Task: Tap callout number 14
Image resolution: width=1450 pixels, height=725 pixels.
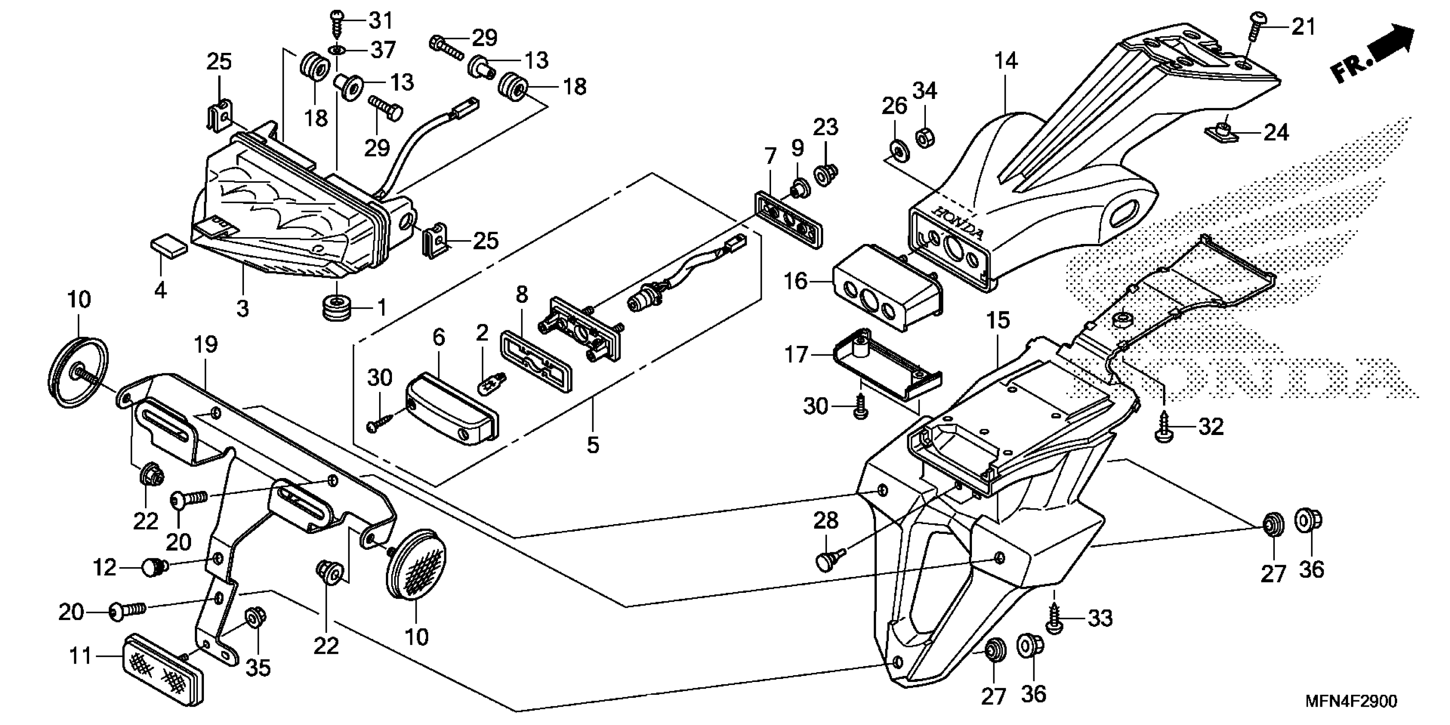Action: click(x=1005, y=61)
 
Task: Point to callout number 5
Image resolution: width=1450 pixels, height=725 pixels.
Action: click(x=593, y=445)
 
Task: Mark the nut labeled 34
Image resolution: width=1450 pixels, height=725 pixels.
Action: click(x=924, y=137)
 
